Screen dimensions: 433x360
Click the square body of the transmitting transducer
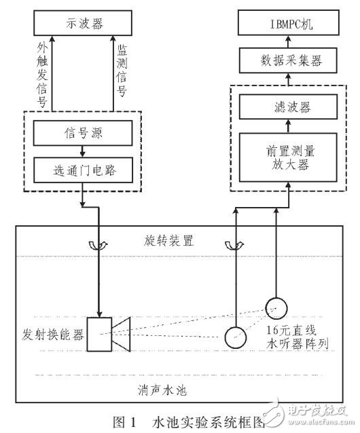(x=103, y=332)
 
